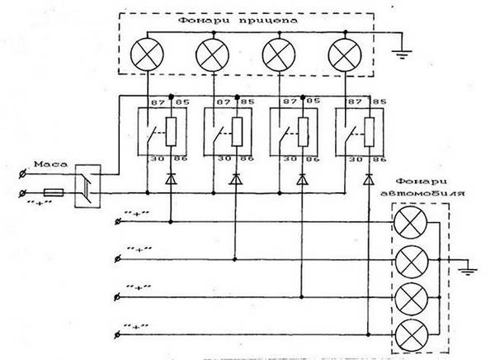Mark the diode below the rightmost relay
pos(365,178)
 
